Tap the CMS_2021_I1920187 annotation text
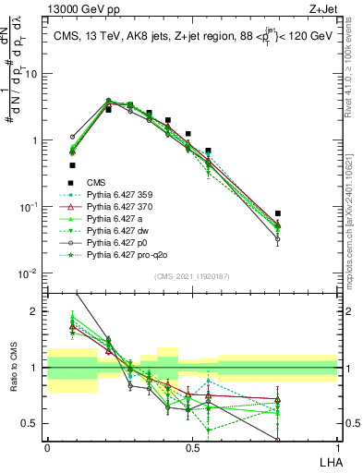point(192,275)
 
